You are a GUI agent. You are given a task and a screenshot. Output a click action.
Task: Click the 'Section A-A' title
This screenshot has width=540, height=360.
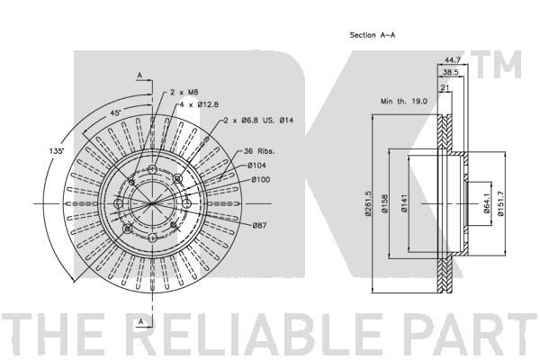[373, 35]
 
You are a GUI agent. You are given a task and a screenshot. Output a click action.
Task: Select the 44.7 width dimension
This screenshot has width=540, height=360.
[453, 60]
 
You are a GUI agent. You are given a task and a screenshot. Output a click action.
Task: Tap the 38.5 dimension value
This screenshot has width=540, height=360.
[451, 72]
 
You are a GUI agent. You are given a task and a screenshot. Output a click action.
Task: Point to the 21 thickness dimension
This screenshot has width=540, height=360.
[445, 88]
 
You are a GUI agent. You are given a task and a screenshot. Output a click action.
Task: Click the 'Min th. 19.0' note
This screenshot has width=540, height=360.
[403, 102]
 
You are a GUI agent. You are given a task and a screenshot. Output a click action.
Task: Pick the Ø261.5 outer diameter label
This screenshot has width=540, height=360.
[368, 203]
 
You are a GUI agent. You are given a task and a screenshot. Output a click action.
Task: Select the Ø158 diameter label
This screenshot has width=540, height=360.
[384, 204]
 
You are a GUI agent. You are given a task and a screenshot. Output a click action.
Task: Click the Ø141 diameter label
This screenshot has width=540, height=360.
[404, 203]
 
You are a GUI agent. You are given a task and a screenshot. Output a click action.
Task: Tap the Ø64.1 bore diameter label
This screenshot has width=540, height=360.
[487, 203]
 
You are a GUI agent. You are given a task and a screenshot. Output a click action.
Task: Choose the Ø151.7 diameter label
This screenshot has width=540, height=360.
[500, 203]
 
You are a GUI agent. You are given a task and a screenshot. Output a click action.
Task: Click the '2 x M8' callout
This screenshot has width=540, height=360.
[184, 93]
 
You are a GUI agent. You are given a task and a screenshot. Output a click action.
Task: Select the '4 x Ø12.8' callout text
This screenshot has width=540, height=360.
[199, 104]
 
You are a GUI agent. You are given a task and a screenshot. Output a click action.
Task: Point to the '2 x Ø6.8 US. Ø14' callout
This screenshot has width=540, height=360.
[258, 121]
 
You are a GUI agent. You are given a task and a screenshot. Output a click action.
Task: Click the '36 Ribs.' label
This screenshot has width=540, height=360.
[259, 151]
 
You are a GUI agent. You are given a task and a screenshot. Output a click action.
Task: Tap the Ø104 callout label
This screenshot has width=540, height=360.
[256, 166]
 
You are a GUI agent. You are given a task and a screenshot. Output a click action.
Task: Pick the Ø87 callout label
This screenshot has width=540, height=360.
[260, 225]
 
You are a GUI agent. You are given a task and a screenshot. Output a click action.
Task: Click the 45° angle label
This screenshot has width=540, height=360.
[115, 112]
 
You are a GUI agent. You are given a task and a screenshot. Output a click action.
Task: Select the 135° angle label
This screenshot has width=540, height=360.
[57, 151]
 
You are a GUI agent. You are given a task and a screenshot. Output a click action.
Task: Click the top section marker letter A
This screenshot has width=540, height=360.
[139, 75]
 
